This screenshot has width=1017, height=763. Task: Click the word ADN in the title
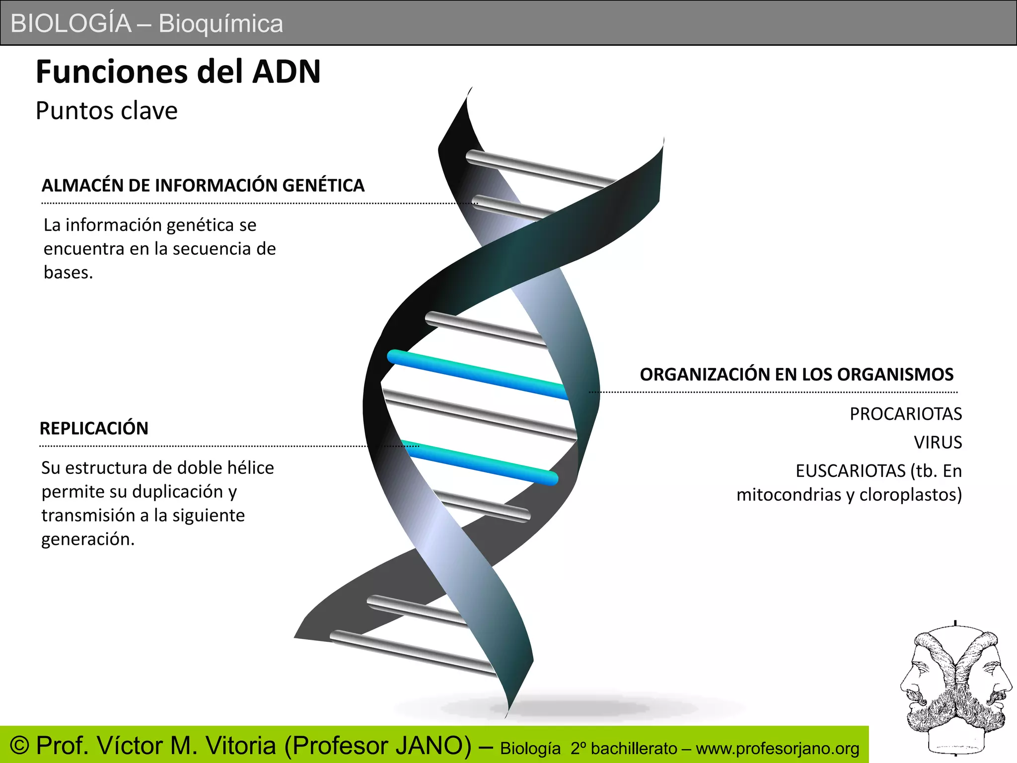[286, 72]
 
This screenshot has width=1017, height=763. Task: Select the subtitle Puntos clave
[106, 111]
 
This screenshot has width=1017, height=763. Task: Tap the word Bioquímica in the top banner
[220, 24]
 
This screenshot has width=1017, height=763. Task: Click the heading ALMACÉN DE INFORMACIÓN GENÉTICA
[203, 186]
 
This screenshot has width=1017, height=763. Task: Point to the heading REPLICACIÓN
[94, 428]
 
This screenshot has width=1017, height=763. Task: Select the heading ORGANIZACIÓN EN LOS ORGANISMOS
[797, 375]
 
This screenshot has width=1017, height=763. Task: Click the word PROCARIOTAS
[905, 414]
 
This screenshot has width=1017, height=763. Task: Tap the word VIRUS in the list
[938, 442]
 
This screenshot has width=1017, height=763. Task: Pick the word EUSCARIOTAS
[851, 471]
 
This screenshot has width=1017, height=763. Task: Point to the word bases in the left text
[68, 273]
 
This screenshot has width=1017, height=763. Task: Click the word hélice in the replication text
[250, 468]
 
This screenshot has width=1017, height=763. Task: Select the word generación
[87, 539]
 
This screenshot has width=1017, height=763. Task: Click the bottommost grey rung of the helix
[412, 653]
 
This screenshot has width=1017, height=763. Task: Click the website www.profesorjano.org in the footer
[777, 749]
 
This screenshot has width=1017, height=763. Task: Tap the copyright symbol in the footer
[20, 746]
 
